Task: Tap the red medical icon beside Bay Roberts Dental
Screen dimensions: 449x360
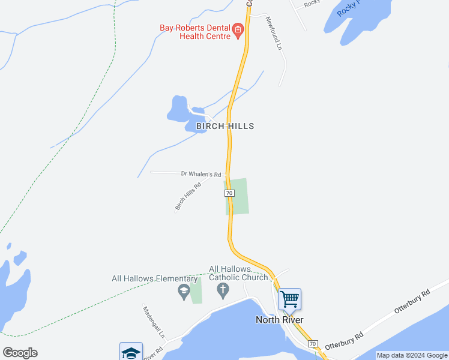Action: [x=238, y=29]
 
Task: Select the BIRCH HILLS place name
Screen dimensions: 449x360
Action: [x=225, y=126]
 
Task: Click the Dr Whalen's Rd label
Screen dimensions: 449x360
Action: [x=201, y=174]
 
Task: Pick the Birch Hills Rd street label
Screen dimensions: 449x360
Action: [x=187, y=196]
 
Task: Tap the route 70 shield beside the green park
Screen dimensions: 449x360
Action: [x=229, y=193]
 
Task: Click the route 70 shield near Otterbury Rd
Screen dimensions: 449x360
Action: [x=312, y=344]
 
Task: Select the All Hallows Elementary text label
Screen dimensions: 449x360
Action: [x=154, y=278]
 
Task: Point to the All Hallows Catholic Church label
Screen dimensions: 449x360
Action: [x=238, y=273]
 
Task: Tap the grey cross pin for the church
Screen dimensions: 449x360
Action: [x=223, y=291]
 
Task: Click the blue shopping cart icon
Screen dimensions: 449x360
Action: [x=289, y=298]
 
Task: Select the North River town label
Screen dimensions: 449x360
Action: [x=279, y=319]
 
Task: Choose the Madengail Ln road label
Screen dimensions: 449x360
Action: [x=149, y=322]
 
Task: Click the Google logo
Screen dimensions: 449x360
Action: [x=20, y=353]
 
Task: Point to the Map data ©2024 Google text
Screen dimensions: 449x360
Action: [x=412, y=355]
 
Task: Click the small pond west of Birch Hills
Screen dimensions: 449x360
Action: [x=178, y=109]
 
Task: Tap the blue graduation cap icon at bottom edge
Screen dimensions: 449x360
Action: [x=131, y=352]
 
